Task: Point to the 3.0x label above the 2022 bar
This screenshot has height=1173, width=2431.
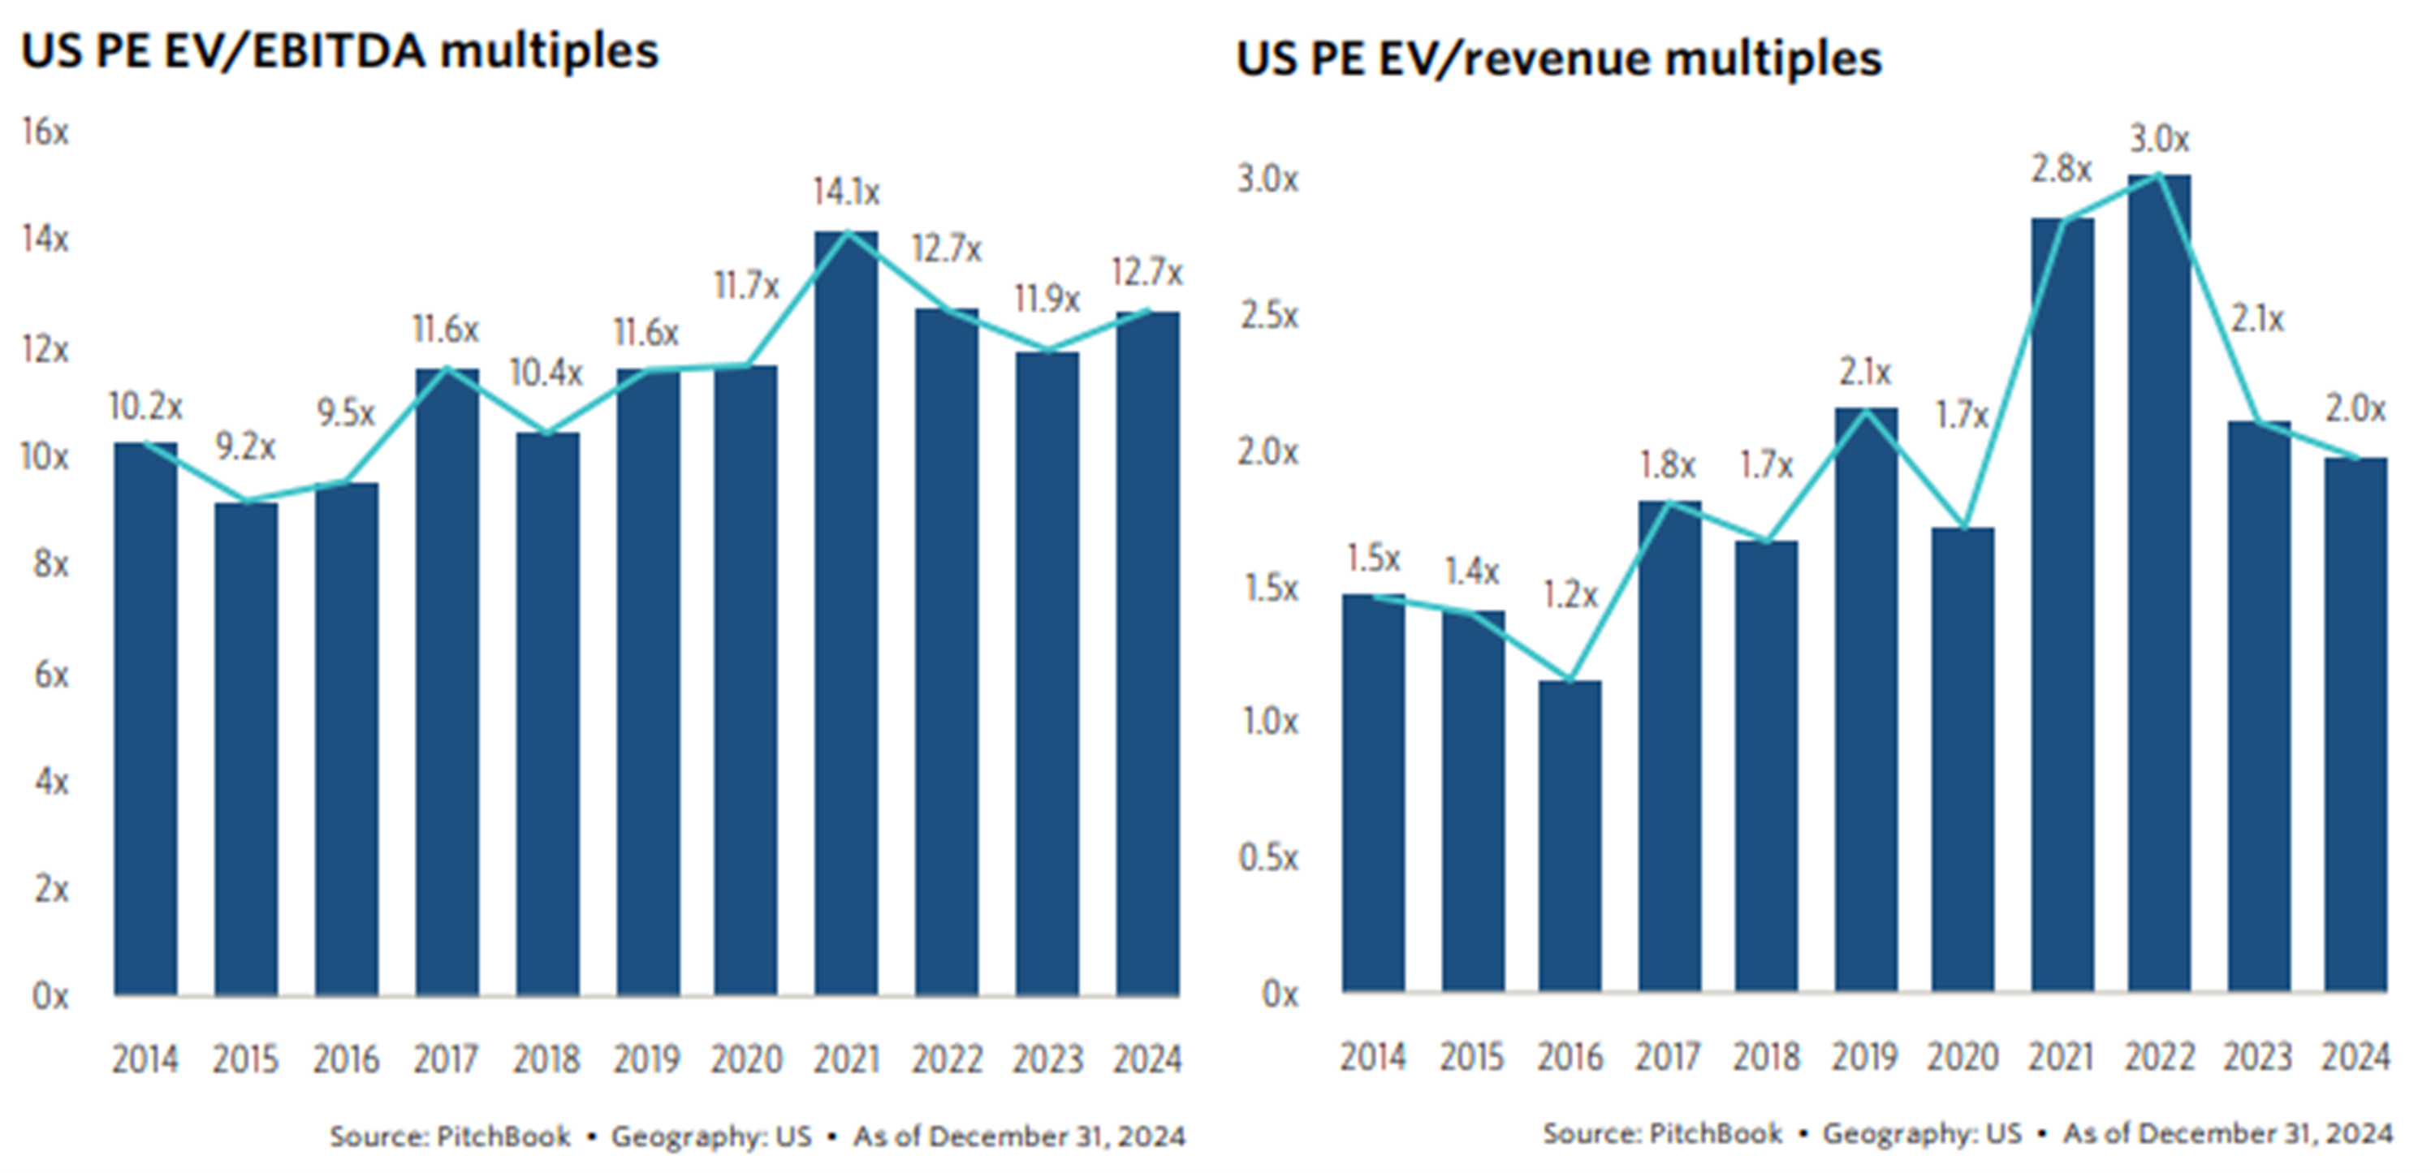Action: (2159, 140)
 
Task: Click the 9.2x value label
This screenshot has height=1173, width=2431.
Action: (245, 446)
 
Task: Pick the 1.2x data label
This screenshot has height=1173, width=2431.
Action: (1570, 594)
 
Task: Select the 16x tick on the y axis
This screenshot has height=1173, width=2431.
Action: (45, 132)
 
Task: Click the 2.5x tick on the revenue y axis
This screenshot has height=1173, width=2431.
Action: (1269, 315)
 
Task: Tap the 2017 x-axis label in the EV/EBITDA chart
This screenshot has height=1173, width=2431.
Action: (446, 1059)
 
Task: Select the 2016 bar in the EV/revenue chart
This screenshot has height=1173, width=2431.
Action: (1570, 835)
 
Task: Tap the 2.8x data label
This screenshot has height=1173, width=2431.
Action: (2061, 170)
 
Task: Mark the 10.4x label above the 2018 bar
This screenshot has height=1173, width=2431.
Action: (546, 373)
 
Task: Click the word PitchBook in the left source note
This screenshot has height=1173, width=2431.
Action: (503, 1136)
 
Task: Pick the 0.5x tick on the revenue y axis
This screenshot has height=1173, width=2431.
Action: (1269, 858)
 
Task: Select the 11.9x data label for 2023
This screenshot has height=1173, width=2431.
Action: (1047, 300)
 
